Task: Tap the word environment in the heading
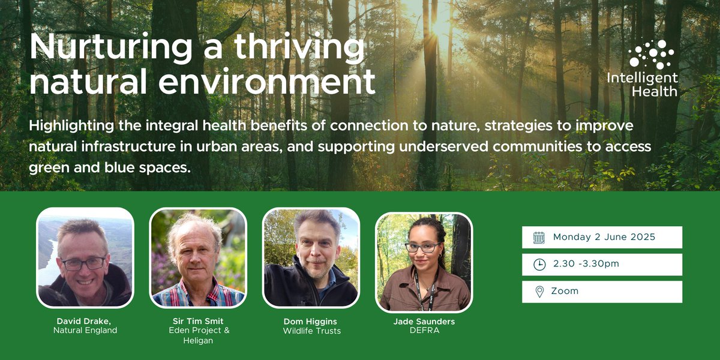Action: pos(273,82)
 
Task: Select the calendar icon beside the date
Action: pos(539,238)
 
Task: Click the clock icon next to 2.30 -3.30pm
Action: pos(539,265)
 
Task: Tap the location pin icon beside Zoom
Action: pos(539,292)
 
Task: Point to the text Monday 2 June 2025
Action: pos(604,237)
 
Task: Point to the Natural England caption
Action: pos(85,331)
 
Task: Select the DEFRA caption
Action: pos(424,331)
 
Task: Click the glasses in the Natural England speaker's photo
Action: pos(83,263)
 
